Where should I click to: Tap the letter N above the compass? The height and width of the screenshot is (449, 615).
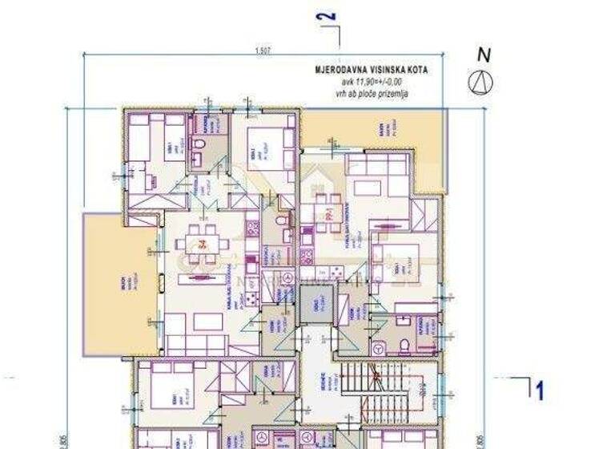click(x=484, y=55)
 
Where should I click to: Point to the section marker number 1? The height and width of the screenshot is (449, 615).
click(x=541, y=390)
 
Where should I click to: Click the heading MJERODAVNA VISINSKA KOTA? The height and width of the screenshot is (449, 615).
click(x=371, y=70)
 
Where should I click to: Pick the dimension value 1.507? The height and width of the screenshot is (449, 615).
click(x=262, y=51)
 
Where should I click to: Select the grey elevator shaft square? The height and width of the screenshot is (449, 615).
click(x=315, y=305)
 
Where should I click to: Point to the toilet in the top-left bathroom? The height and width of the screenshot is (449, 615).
click(x=199, y=145)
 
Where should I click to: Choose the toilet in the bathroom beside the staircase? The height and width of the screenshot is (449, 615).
click(x=404, y=344)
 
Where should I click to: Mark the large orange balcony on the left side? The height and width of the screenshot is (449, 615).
click(x=121, y=285)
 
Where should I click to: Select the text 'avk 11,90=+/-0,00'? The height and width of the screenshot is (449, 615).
click(x=372, y=82)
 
